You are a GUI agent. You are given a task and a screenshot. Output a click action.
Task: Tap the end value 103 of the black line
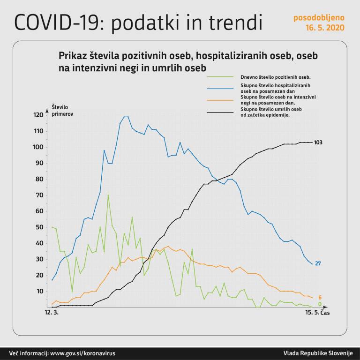318,142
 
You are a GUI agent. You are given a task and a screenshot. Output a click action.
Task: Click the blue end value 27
317,263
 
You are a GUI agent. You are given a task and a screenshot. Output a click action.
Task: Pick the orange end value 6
319,298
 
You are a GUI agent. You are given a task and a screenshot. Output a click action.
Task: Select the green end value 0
319,304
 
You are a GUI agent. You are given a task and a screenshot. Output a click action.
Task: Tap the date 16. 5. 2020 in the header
325,28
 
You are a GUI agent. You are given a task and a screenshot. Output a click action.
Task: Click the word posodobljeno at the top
319,18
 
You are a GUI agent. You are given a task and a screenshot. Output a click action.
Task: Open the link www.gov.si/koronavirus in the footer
82,353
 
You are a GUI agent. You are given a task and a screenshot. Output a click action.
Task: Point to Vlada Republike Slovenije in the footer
318,353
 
